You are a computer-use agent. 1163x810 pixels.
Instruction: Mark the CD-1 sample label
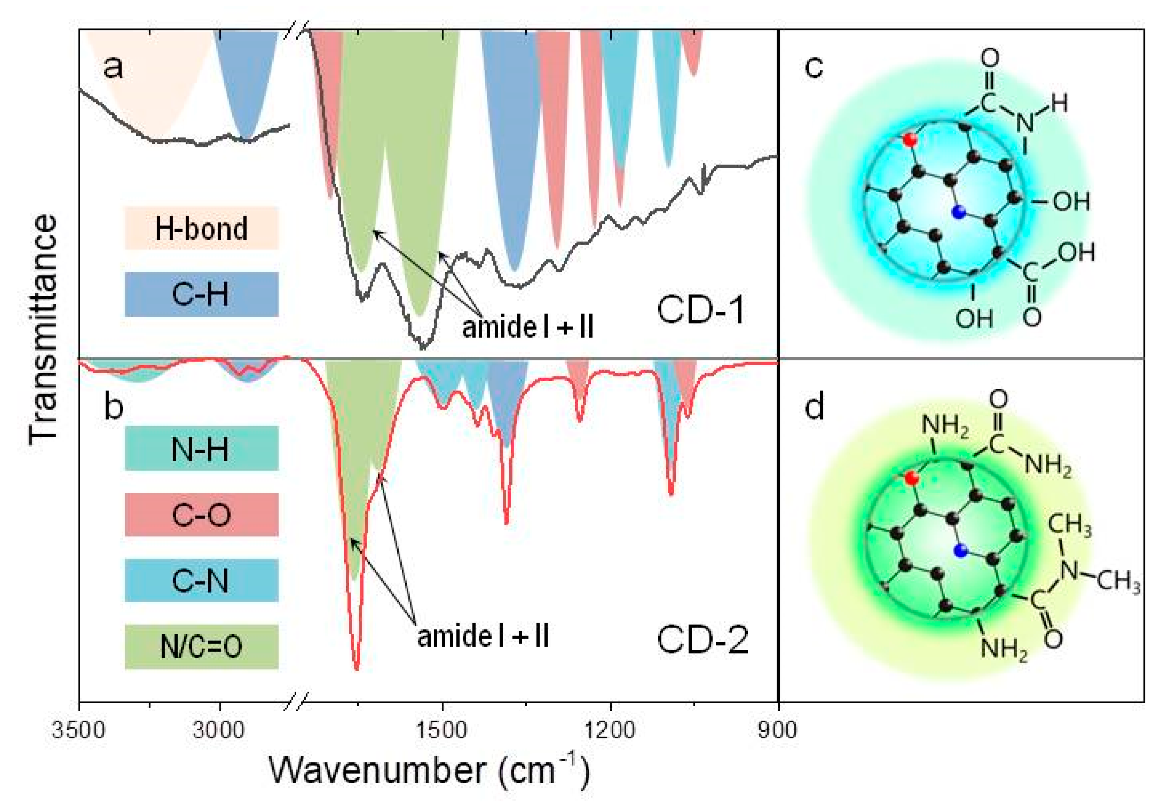tap(701, 310)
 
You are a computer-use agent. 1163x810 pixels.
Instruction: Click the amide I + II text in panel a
tap(527, 327)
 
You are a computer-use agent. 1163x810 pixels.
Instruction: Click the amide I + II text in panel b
tap(483, 636)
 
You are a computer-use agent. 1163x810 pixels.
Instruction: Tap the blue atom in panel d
tap(960, 551)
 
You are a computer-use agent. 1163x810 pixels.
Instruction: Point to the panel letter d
tap(815, 406)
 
